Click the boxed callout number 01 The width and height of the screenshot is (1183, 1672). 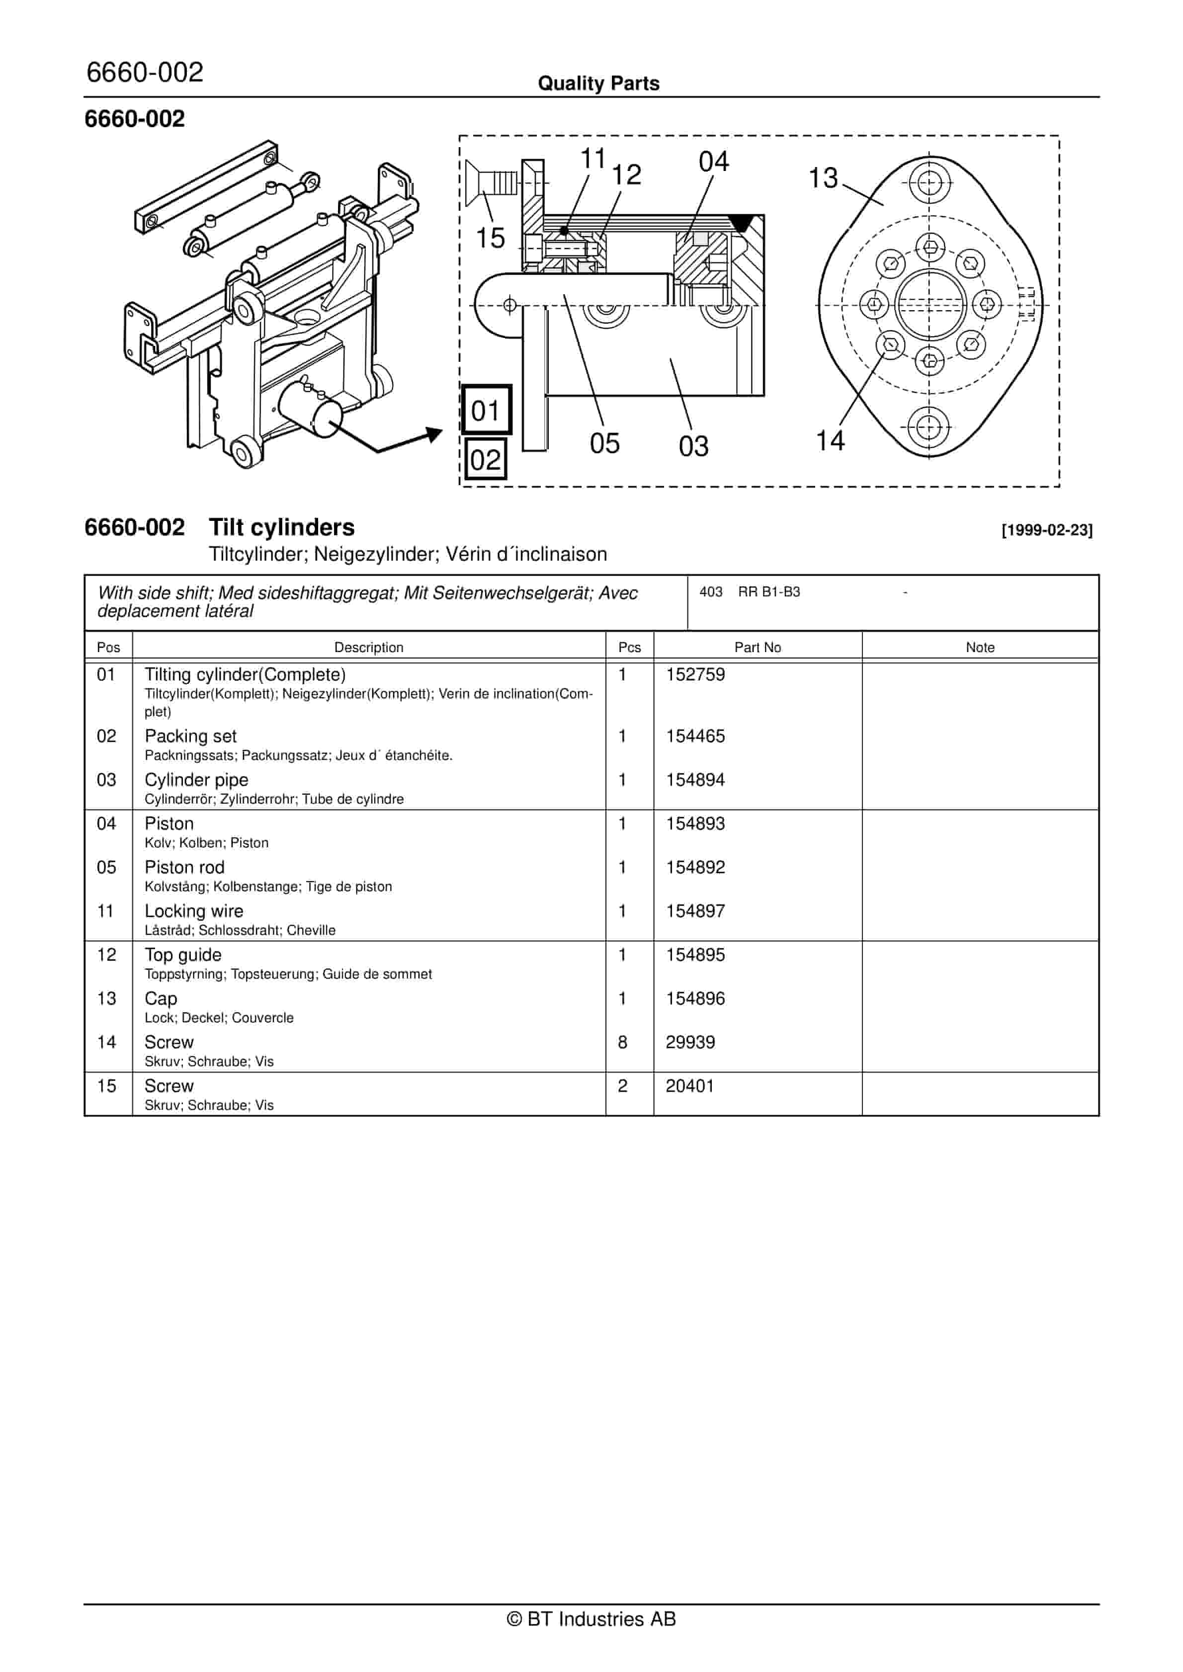(486, 411)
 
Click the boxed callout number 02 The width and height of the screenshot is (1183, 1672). (485, 460)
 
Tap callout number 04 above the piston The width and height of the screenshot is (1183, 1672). (713, 162)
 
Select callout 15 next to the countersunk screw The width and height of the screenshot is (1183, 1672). (490, 238)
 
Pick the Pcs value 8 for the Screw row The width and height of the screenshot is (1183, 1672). (622, 1042)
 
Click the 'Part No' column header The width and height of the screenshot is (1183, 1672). (757, 648)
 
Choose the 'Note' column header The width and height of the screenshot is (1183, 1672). (980, 648)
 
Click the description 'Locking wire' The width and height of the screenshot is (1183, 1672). (194, 911)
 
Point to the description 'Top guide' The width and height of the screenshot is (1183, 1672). (183, 955)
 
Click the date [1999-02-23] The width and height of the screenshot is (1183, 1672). (1047, 530)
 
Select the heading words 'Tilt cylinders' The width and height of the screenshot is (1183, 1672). (281, 527)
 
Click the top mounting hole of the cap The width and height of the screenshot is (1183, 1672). (929, 183)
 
